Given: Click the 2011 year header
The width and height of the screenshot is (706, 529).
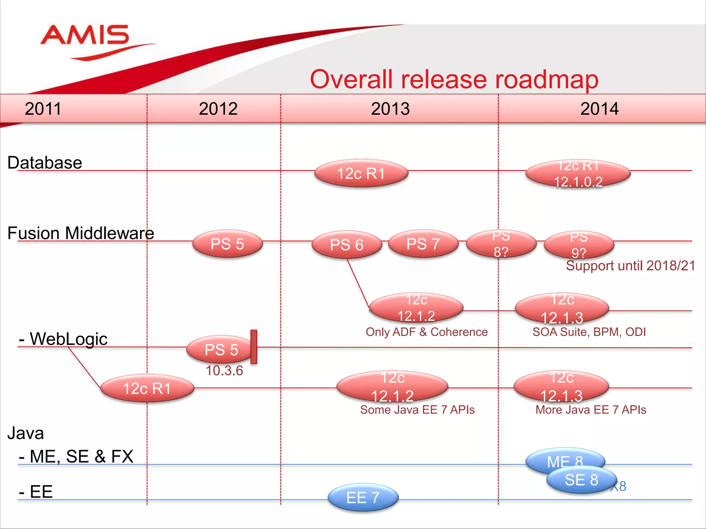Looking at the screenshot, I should coord(43,109).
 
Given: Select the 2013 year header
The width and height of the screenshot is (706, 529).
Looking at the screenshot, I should coord(390,109).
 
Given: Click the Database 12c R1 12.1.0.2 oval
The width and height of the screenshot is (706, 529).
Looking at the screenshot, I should coord(578,174).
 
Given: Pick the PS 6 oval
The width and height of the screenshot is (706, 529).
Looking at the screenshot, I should coord(347,245).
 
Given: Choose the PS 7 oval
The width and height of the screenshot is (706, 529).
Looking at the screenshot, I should coord(423,244).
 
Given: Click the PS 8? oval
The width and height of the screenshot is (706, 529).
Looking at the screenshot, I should coord(501,244).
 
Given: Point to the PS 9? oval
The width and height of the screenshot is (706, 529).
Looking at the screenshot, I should coord(579,245).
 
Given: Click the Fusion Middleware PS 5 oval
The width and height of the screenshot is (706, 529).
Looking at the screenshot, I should coord(227,244).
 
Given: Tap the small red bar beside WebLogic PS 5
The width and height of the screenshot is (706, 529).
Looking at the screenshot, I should coord(254,346).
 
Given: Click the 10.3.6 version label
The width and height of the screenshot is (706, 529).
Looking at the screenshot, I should coord(224,371).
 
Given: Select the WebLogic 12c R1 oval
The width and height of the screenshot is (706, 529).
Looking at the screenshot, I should coord(147,388).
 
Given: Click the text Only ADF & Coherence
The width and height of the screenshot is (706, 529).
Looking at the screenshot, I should coord(426,332).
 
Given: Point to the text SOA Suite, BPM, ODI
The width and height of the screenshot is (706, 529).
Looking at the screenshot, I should coord(589,332).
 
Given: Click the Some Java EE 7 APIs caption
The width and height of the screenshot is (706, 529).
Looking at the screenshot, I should coord(417,410).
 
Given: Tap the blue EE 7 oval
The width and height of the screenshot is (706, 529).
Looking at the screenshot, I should coord(363,498).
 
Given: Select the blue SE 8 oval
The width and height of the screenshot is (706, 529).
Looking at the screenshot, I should coord(582,480).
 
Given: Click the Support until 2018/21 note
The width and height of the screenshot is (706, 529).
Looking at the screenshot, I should coord(630,266).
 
